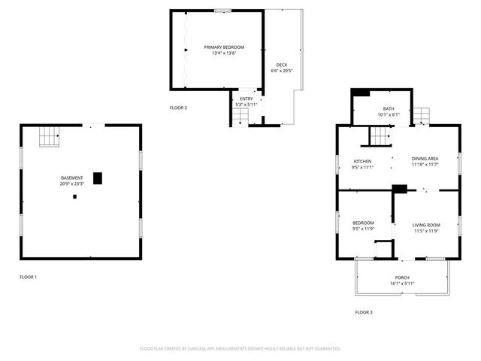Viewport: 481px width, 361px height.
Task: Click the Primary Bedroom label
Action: (x=219, y=47)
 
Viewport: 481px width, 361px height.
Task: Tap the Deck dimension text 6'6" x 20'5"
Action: (x=281, y=71)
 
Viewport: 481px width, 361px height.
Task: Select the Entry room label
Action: (x=247, y=99)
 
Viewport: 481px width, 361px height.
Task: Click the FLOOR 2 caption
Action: (x=178, y=108)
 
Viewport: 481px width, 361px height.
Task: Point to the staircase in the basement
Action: (x=49, y=137)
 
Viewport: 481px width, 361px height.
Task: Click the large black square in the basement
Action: (x=98, y=178)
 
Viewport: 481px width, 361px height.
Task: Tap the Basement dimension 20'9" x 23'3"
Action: (x=72, y=184)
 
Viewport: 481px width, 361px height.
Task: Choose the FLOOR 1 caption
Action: (x=28, y=277)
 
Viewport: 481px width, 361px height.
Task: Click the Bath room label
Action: (x=389, y=108)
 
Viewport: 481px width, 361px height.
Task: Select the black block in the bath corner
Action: (x=360, y=93)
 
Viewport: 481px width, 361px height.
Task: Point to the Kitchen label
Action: (x=363, y=161)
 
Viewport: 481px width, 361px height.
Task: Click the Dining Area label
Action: (x=425, y=159)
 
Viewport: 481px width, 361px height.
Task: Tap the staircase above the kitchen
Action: (x=380, y=136)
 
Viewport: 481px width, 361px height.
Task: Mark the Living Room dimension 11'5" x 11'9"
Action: (x=425, y=231)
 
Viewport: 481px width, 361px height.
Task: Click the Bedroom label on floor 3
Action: (x=363, y=224)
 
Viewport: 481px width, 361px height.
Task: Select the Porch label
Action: (x=402, y=278)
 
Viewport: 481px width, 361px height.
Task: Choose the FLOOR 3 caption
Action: (x=363, y=312)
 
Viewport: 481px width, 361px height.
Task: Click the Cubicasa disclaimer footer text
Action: (x=240, y=349)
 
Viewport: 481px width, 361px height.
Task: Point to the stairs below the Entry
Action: (x=240, y=117)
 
